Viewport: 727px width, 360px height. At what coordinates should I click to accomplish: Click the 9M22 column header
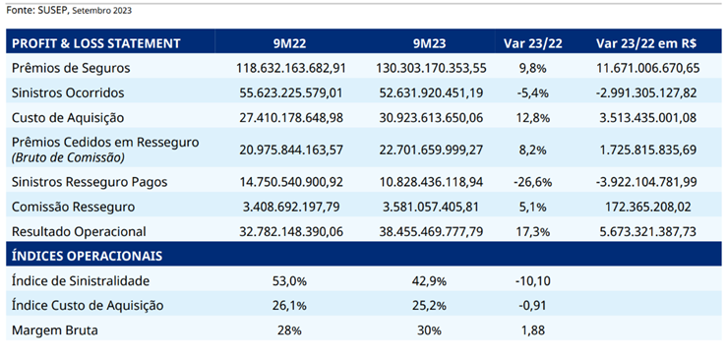290,43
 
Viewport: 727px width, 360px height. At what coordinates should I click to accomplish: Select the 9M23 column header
430,43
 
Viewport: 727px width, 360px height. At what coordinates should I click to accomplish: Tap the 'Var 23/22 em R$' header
646,43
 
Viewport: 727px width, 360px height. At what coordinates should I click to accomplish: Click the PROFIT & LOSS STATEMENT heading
96,43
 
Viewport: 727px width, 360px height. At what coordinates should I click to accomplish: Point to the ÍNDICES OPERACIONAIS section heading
87,256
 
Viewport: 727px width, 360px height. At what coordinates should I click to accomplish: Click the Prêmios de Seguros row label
71,69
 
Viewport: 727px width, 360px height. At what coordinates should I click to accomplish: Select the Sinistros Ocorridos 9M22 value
291,93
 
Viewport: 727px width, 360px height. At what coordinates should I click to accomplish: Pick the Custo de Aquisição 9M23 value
431,118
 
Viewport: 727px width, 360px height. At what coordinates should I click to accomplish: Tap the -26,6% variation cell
533,182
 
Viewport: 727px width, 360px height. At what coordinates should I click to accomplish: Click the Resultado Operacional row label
79,232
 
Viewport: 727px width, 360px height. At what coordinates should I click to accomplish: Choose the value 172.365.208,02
646,208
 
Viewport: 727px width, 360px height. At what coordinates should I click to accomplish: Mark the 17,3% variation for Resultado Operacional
533,232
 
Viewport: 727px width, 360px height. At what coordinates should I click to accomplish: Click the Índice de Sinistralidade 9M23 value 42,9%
430,281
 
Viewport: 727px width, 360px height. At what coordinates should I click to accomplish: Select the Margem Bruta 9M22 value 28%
290,330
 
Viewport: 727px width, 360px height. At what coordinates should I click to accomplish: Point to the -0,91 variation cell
533,306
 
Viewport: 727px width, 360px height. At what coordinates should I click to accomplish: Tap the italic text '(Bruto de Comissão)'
68,157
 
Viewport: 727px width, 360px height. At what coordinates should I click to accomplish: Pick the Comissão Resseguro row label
73,208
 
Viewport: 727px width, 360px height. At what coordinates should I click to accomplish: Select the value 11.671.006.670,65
646,69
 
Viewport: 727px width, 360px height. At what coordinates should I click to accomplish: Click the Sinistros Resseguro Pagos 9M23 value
431,182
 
